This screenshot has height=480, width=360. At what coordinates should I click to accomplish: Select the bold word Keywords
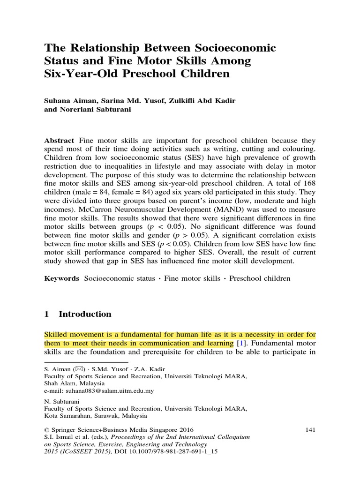coord(62,278)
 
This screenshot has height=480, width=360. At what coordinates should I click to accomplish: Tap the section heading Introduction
coord(84,314)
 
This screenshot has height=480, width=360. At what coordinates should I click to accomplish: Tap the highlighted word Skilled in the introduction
coord(56,336)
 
